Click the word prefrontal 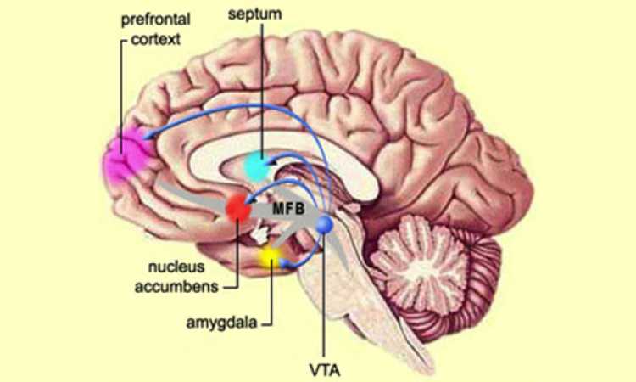[156, 20]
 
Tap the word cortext [156, 39]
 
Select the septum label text [254, 14]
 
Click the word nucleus [176, 267]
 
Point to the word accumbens [176, 287]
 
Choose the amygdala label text [221, 323]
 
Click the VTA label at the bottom [325, 370]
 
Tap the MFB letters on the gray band [288, 209]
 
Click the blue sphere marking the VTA [325, 224]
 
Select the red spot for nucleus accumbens [238, 208]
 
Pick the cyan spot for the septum [257, 166]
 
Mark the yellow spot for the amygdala [270, 256]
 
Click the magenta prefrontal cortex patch [126, 155]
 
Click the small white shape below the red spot [259, 234]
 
